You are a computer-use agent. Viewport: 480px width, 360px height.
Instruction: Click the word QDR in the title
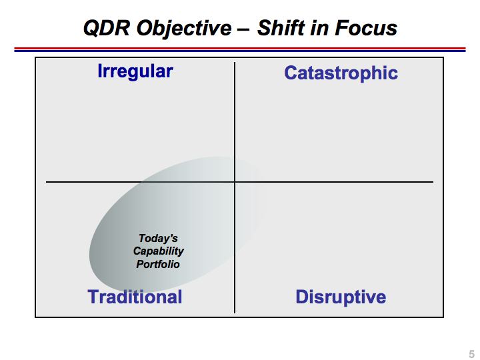[107, 28]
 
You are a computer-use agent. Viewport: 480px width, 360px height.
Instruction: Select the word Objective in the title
[184, 29]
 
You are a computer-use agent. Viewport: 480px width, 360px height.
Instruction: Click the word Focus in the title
[366, 28]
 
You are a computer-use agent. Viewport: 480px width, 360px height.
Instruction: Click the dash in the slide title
[244, 30]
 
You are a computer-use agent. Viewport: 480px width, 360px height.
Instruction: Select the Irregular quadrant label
[135, 72]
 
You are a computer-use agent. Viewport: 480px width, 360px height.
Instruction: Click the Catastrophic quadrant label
[341, 73]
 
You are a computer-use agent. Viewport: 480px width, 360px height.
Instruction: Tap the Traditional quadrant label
[135, 297]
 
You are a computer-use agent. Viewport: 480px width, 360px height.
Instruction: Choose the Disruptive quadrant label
[341, 297]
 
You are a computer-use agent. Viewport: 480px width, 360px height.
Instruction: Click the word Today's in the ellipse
[158, 238]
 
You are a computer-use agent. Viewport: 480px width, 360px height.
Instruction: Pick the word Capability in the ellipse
[159, 251]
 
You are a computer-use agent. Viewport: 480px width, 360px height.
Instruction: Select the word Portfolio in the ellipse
[158, 264]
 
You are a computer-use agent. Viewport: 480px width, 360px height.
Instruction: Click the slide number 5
[472, 354]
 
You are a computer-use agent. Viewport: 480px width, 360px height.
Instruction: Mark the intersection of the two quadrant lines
[235, 182]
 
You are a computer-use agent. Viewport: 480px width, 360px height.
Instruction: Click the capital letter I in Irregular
[100, 71]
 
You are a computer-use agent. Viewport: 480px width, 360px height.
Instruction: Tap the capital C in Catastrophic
[291, 73]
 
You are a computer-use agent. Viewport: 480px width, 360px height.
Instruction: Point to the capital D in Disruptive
[301, 297]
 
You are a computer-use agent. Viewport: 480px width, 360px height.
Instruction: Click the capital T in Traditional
[93, 297]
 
